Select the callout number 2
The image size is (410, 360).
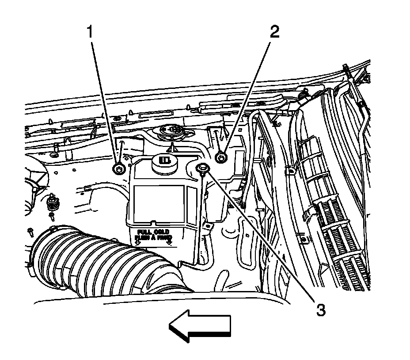(x=274, y=32)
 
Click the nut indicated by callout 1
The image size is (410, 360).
(x=118, y=169)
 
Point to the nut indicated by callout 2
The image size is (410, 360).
(x=221, y=157)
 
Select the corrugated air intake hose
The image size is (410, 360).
(x=97, y=265)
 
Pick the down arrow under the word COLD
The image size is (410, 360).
(x=169, y=242)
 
